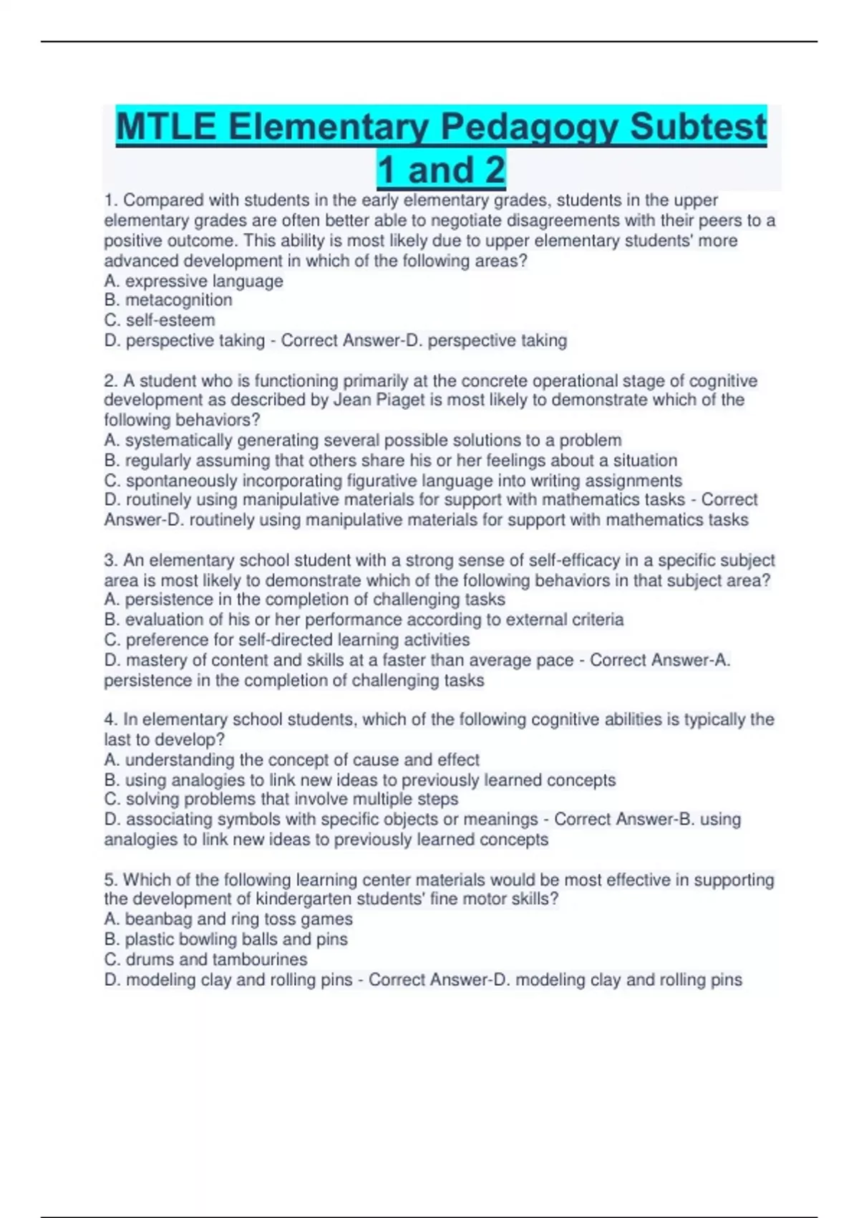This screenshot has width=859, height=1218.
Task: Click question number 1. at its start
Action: point(112,201)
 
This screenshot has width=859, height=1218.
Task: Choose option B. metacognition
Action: point(168,300)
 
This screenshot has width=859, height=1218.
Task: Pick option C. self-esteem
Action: point(160,320)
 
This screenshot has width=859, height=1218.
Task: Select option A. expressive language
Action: point(193,281)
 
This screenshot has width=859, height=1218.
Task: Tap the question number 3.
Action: point(112,560)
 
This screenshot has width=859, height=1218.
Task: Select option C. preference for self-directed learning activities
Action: point(287,640)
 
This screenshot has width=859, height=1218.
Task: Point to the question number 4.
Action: point(112,719)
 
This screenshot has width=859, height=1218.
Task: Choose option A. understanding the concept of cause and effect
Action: point(292,759)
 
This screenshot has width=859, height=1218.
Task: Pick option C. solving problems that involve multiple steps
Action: point(281,799)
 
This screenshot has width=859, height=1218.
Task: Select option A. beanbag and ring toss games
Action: point(228,919)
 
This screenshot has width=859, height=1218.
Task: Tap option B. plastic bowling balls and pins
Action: point(225,939)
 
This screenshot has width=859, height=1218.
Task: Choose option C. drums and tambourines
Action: point(205,959)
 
